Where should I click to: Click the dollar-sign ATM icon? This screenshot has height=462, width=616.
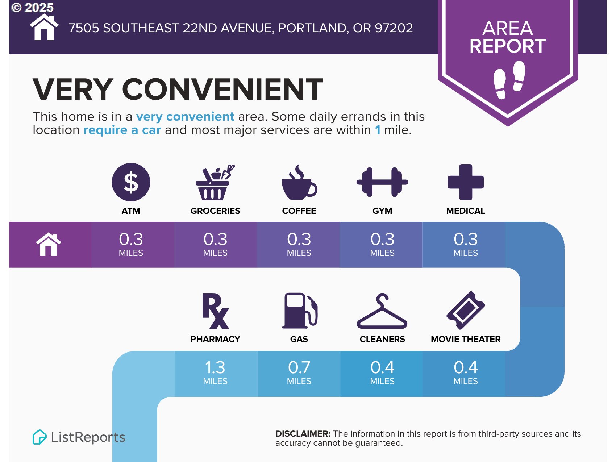(131, 182)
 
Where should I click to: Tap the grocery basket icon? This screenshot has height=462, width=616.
(215, 182)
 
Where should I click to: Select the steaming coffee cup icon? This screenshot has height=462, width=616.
(299, 182)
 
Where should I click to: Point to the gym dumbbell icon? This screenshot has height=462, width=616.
(382, 182)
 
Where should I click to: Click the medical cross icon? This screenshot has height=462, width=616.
(466, 182)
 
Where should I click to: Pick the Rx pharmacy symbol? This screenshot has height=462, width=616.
(215, 311)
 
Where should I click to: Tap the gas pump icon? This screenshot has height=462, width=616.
(300, 311)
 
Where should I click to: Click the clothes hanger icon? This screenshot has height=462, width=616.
(382, 311)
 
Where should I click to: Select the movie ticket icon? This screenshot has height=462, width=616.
(466, 310)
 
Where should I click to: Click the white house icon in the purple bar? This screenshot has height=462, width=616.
(49, 244)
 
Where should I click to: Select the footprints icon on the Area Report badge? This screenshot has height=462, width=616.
(509, 80)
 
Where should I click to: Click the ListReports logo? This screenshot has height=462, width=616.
(79, 437)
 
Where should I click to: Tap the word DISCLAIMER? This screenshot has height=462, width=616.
(303, 434)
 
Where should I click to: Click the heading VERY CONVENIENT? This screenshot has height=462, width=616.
(178, 89)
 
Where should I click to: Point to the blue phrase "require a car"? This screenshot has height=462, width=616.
(122, 130)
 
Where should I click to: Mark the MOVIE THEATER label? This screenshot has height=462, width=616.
(466, 339)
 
